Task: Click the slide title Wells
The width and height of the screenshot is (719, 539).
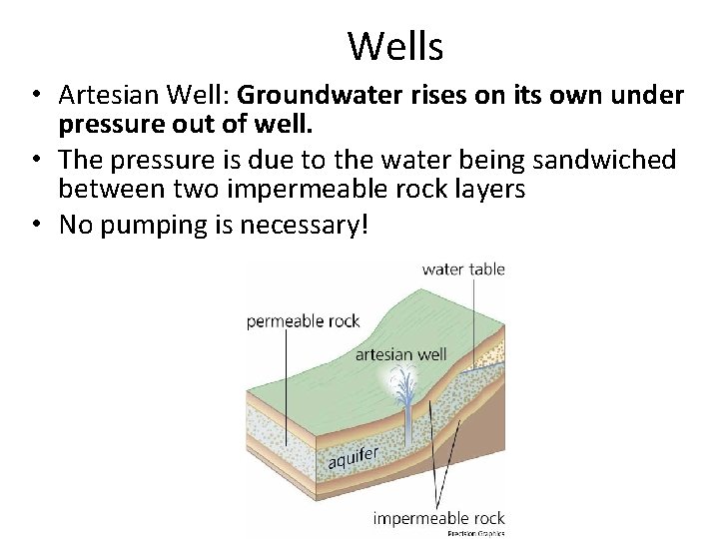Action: tap(395, 45)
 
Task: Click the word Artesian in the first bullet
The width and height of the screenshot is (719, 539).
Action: tap(103, 95)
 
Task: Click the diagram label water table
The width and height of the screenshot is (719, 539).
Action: tap(463, 269)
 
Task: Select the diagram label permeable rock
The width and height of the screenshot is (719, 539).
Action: tap(304, 321)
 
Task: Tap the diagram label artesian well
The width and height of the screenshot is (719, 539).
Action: tap(400, 353)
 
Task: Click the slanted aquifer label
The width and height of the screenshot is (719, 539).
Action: tap(353, 455)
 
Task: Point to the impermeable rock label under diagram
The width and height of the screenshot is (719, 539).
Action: tap(438, 518)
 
